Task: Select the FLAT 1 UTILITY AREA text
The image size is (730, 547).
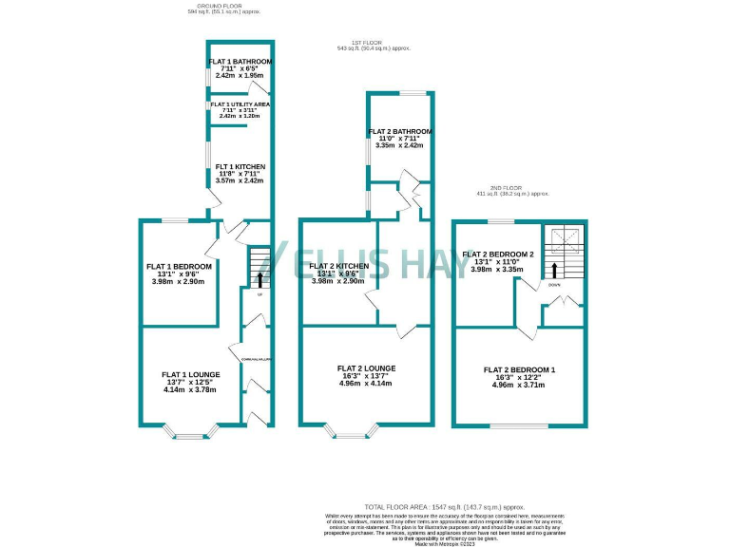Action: (x=240, y=104)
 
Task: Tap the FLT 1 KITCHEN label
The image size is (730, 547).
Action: (x=240, y=167)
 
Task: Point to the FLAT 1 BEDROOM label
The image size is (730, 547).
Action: (x=179, y=267)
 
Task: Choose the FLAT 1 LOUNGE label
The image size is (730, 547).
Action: (x=191, y=375)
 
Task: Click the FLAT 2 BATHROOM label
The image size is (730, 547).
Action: (x=402, y=131)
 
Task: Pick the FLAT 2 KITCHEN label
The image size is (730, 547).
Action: (x=338, y=267)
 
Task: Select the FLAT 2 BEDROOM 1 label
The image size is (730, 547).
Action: (x=519, y=369)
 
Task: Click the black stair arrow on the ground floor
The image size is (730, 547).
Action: (x=259, y=278)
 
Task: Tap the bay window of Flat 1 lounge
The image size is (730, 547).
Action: (x=191, y=436)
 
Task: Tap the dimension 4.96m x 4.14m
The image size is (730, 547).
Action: (x=366, y=384)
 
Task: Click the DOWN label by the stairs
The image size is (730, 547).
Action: (x=554, y=284)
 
